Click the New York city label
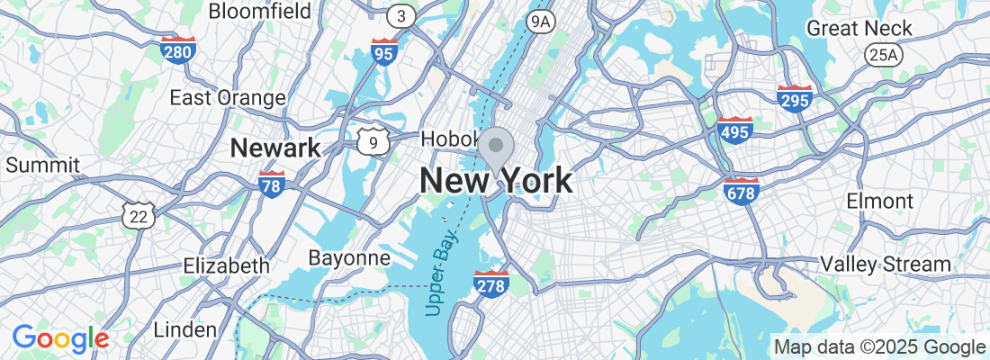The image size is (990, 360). coord(495,181)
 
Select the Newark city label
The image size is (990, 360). coord(275,148)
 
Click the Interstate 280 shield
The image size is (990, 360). coord(178,49)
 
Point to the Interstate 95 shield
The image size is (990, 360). coord(384,52)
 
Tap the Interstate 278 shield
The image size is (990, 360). coord(490,283)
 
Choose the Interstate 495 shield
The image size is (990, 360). coord(735,130)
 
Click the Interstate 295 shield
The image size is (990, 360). coord(795,99)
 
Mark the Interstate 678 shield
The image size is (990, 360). coord(741,190)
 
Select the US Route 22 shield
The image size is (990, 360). coord(139,214)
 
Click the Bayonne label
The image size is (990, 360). coord(349,258)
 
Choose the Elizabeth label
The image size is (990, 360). coord(226,265)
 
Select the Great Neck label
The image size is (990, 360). coord(859,28)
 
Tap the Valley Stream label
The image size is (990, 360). coord(885,264)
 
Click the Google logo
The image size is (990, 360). coord(60,338)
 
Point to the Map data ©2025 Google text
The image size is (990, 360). coord(880,347)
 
